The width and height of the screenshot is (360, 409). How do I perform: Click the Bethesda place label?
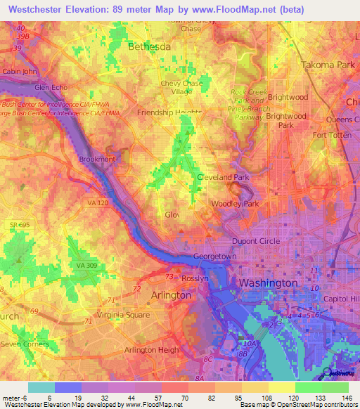[x=149, y=46]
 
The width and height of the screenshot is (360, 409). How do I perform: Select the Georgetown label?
[x=214, y=257]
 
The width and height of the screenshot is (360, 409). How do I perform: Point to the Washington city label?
[x=268, y=283]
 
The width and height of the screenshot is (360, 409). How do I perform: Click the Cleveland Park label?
[x=224, y=178]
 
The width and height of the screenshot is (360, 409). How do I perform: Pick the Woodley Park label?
[x=236, y=204]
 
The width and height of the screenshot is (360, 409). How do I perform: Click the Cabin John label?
[x=20, y=71]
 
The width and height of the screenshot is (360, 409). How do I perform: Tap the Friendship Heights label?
[x=169, y=112]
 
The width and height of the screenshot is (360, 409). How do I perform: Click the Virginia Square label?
[x=123, y=315]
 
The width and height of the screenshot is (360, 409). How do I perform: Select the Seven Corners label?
[x=25, y=344]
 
